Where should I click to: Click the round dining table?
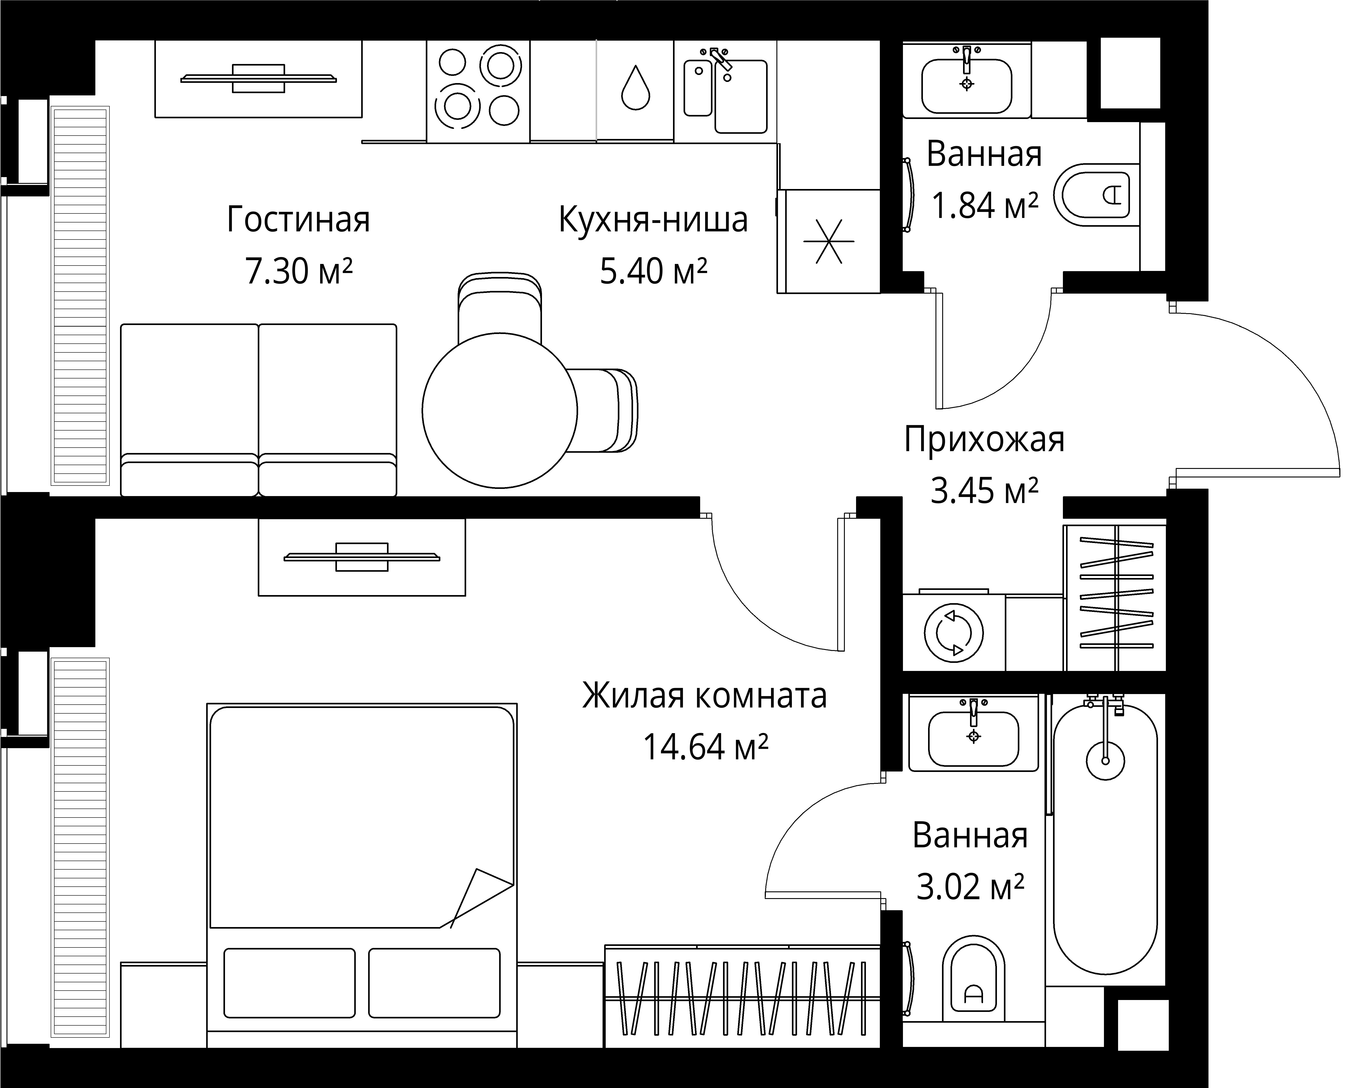(499, 411)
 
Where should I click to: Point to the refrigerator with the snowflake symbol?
(829, 241)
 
